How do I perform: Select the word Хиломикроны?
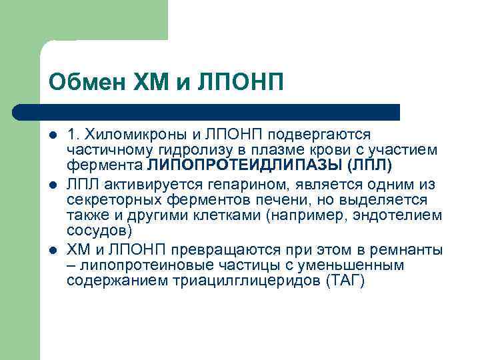125,134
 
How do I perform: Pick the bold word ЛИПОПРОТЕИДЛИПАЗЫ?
245,165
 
